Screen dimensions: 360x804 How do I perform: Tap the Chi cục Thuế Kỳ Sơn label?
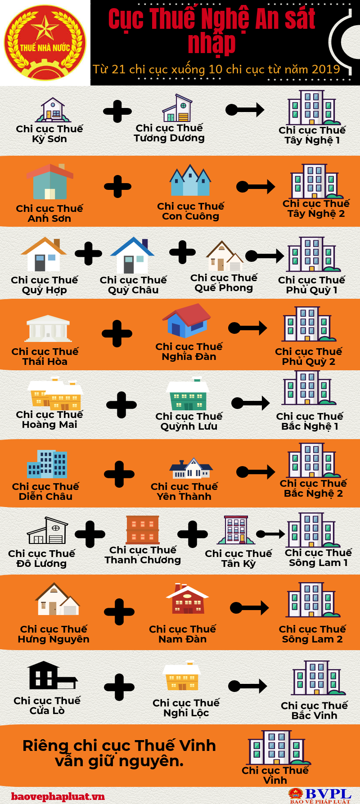click(x=49, y=134)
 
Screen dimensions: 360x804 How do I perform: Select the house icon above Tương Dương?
click(x=177, y=108)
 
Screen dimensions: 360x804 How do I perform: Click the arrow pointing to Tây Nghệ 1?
click(x=245, y=109)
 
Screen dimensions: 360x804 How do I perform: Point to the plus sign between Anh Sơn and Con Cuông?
click(x=117, y=186)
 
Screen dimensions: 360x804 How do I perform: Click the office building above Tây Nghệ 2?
click(x=315, y=181)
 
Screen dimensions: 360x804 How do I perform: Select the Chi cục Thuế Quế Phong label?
click(x=224, y=283)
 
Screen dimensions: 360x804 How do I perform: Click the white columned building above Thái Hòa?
click(x=48, y=328)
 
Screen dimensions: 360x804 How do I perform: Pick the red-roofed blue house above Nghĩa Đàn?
click(x=187, y=320)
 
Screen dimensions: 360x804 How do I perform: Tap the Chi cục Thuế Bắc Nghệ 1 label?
click(x=310, y=421)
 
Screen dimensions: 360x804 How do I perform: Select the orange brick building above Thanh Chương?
click(x=143, y=530)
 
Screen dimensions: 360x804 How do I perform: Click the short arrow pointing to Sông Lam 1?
click(x=270, y=534)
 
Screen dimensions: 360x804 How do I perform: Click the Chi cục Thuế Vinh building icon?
click(x=275, y=748)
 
